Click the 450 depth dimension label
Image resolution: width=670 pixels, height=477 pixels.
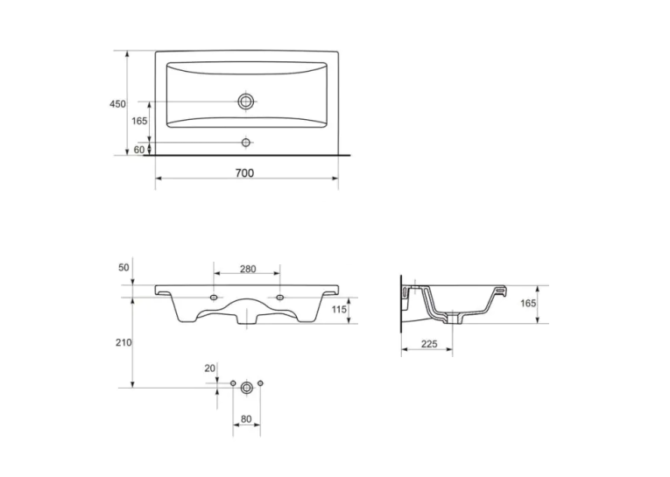pos(117,104)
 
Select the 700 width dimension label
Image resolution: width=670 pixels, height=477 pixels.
pos(244,173)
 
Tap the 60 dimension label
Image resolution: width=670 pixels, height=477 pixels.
pos(139,150)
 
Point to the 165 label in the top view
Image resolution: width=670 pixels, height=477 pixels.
pos(139,121)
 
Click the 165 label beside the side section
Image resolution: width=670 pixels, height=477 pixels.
pos(528,303)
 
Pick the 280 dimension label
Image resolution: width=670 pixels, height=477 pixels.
pos(248,269)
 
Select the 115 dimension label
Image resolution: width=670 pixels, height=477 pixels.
pos(339,309)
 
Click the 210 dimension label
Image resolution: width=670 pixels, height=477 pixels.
pos(123,342)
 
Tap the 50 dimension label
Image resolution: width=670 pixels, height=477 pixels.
pos(123,268)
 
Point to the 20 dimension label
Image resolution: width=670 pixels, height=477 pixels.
pos(210,368)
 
